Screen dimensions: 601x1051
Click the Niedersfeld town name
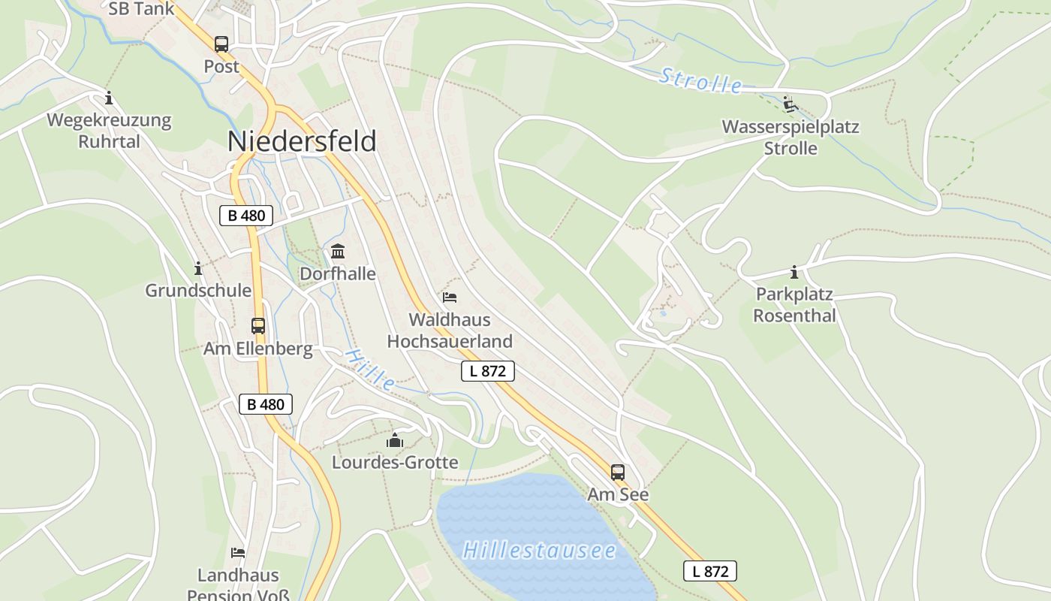301,141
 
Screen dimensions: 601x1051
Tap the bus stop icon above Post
221,44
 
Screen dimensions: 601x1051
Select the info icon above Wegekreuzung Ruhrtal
109,98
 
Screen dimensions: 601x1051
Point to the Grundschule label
198,290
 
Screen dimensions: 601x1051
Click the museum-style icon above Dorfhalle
338,251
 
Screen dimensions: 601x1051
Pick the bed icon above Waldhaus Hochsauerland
450,297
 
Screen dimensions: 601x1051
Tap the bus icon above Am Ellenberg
258,326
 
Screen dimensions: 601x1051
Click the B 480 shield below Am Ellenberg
266,404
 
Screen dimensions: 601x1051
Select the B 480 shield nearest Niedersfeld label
246,216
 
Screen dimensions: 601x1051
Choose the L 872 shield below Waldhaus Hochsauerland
487,370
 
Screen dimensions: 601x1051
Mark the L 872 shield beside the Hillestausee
710,571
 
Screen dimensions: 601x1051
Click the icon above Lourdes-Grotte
395,440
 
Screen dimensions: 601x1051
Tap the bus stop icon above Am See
618,473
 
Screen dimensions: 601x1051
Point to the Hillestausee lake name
539,551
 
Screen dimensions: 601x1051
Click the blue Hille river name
370,369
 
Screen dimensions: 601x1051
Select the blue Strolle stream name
701,81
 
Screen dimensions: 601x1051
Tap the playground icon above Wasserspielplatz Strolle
789,104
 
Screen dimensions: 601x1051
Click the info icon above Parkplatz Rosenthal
794,272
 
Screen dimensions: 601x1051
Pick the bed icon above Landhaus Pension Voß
238,553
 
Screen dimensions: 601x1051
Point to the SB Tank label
141,9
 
